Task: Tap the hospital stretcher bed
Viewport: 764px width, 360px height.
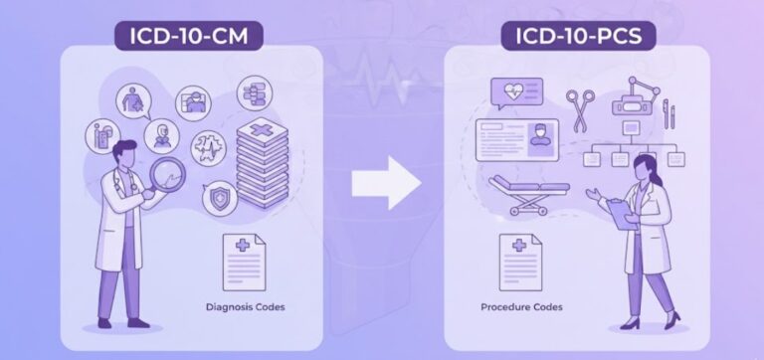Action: [526, 194]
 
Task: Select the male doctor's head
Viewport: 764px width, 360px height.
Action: [123, 154]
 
